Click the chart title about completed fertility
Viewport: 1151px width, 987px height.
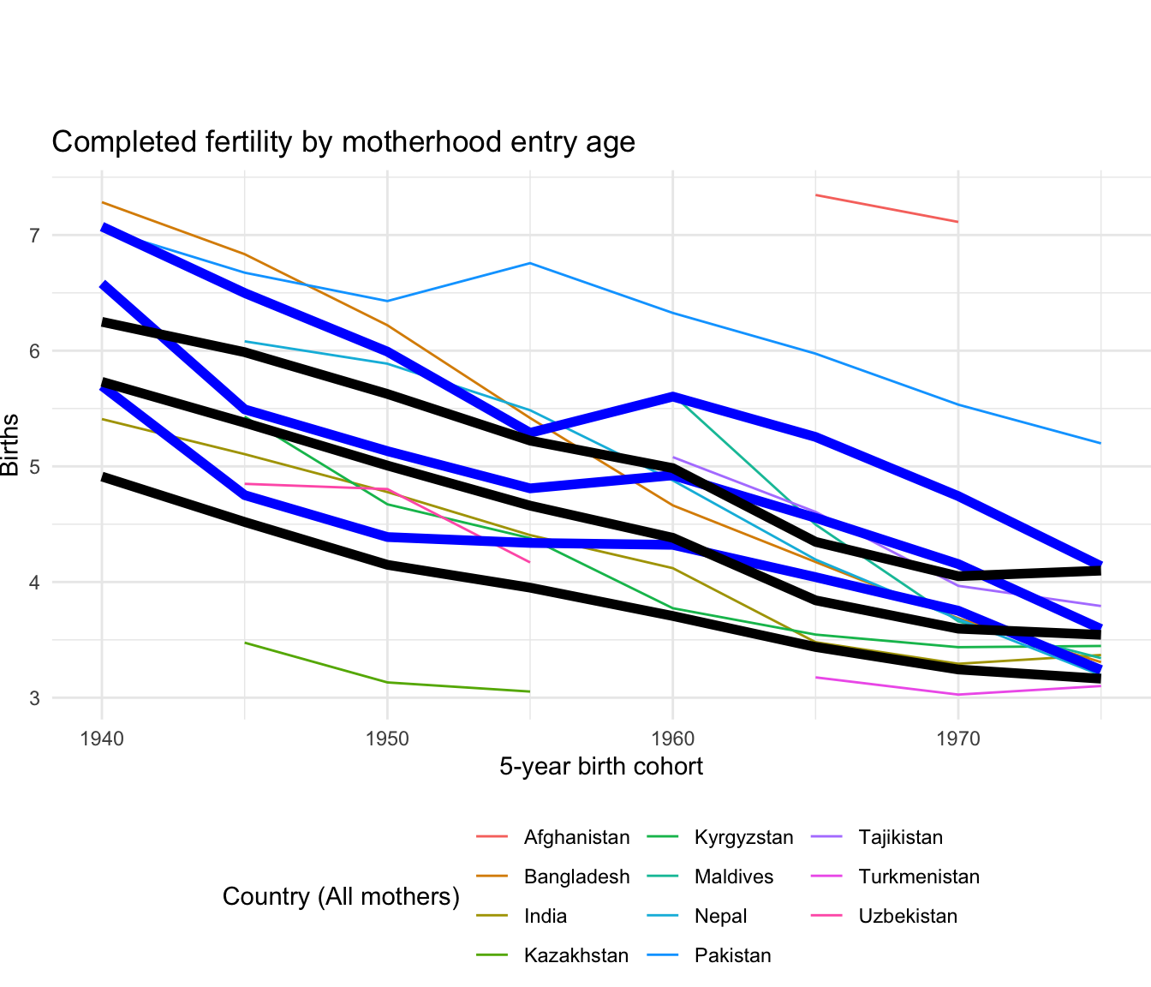click(343, 142)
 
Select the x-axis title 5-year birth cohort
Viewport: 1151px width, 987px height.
click(601, 766)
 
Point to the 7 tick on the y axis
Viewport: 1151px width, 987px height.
click(35, 236)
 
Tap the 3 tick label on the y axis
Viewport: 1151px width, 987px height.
click(35, 697)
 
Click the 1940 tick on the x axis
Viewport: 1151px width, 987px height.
click(102, 737)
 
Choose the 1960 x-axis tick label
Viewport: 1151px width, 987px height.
click(672, 737)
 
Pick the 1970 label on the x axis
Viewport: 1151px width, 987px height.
click(957, 737)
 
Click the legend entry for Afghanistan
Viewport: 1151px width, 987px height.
click(576, 838)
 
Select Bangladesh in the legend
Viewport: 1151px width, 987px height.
click(576, 877)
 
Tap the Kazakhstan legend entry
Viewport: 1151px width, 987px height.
click(575, 956)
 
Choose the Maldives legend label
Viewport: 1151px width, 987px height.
click(734, 877)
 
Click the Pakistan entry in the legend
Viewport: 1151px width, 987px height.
click(733, 956)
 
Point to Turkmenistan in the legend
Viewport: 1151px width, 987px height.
click(919, 877)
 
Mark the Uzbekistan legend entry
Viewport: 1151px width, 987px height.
click(908, 917)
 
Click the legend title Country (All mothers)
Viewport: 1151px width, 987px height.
click(341, 897)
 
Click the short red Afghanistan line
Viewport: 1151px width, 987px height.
click(886, 208)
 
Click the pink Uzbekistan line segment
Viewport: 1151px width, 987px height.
click(316, 487)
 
